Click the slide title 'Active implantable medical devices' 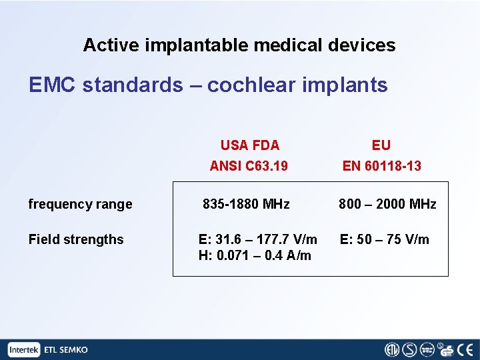[x=239, y=45]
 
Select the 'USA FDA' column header [x=249, y=145]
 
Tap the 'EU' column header [x=381, y=145]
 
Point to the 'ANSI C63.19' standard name [x=249, y=166]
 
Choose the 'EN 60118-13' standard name [x=381, y=166]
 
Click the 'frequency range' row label [x=80, y=204]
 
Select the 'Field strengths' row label [x=76, y=239]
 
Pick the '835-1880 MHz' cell [x=246, y=204]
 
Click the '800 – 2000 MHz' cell [x=387, y=204]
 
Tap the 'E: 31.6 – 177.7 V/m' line [x=257, y=239]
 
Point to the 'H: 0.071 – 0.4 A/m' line [x=255, y=255]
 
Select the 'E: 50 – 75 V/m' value [x=385, y=239]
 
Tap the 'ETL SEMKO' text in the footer [x=65, y=349]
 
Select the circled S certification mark [x=409, y=349]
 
